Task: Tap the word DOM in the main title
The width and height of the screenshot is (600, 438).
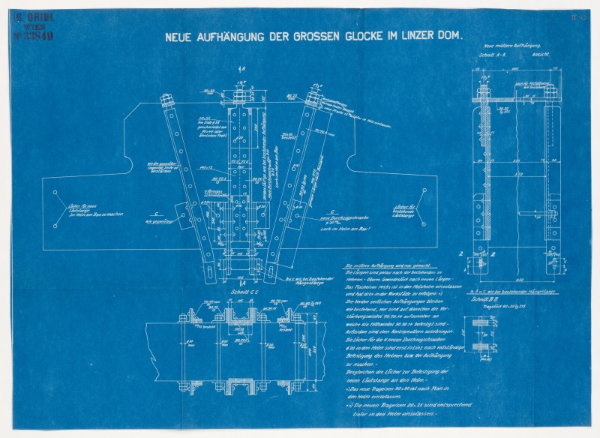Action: point(449,34)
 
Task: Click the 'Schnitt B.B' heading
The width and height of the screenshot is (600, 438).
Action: point(485,299)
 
